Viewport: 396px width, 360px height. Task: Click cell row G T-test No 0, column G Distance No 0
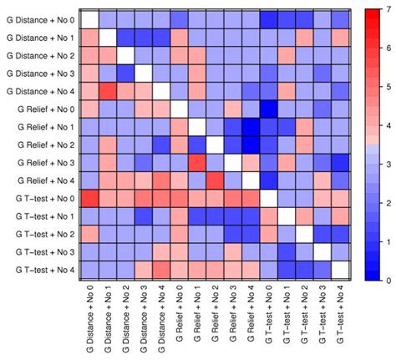[90, 198]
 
